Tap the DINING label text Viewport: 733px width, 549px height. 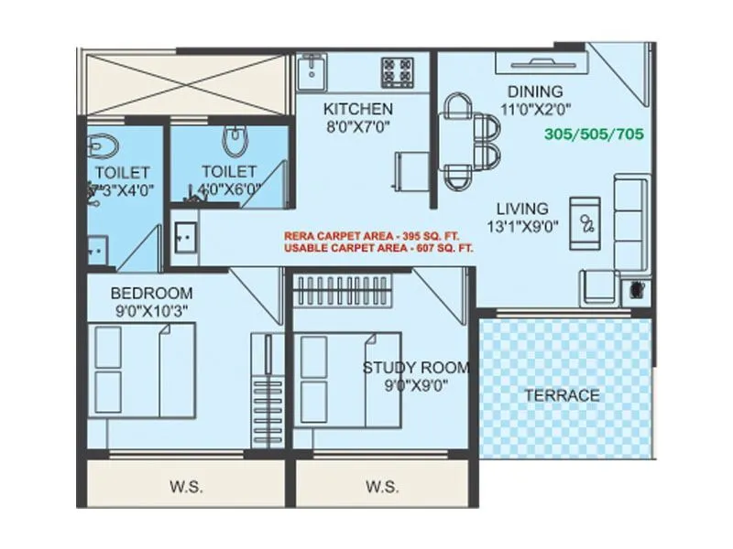coord(535,91)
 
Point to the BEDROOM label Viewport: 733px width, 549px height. coord(152,293)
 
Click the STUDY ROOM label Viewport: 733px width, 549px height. coord(416,368)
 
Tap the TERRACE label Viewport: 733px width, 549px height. coord(562,395)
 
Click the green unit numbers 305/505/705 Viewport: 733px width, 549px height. coord(594,134)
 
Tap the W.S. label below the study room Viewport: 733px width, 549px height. coord(382,487)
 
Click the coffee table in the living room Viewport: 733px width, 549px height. coord(584,221)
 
